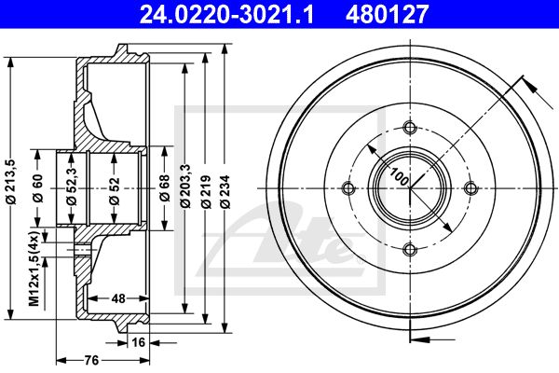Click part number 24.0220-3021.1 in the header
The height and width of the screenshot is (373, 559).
(226, 14)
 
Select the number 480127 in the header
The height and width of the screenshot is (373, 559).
(387, 14)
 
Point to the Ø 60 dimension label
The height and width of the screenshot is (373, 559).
(38, 188)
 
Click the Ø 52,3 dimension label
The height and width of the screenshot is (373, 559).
(72, 186)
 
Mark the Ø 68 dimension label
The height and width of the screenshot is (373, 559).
(165, 188)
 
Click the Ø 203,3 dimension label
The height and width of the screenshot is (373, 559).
(185, 186)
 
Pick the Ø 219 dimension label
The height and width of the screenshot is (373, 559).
(206, 191)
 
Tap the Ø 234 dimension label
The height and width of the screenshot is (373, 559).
(225, 191)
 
